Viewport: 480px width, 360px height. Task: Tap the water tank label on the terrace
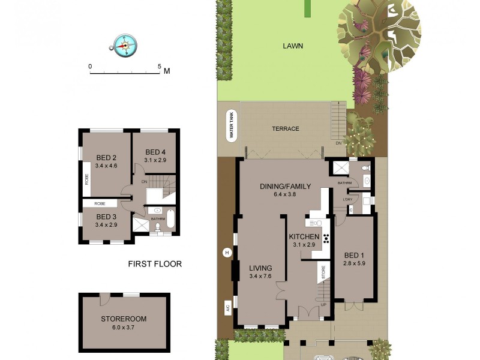click(x=231, y=125)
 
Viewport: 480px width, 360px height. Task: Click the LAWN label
click(x=293, y=46)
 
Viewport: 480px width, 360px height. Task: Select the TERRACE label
click(x=285, y=128)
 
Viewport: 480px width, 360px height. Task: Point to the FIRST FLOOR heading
click(x=155, y=264)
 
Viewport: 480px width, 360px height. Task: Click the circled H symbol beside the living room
click(x=227, y=252)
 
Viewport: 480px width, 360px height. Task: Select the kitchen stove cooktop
click(x=326, y=237)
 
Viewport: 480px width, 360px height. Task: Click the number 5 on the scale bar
click(x=160, y=67)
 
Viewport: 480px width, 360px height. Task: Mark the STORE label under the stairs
click(x=322, y=272)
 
